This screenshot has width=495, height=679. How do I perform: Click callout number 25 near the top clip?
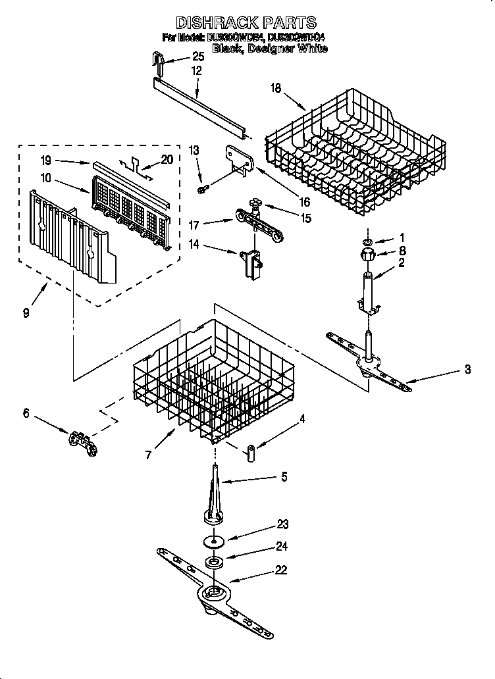pos(198,57)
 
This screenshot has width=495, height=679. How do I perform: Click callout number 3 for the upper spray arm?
pos(467,370)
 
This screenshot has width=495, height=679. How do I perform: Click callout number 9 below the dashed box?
pos(26,313)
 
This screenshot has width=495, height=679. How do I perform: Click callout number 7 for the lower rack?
pos(149,454)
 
